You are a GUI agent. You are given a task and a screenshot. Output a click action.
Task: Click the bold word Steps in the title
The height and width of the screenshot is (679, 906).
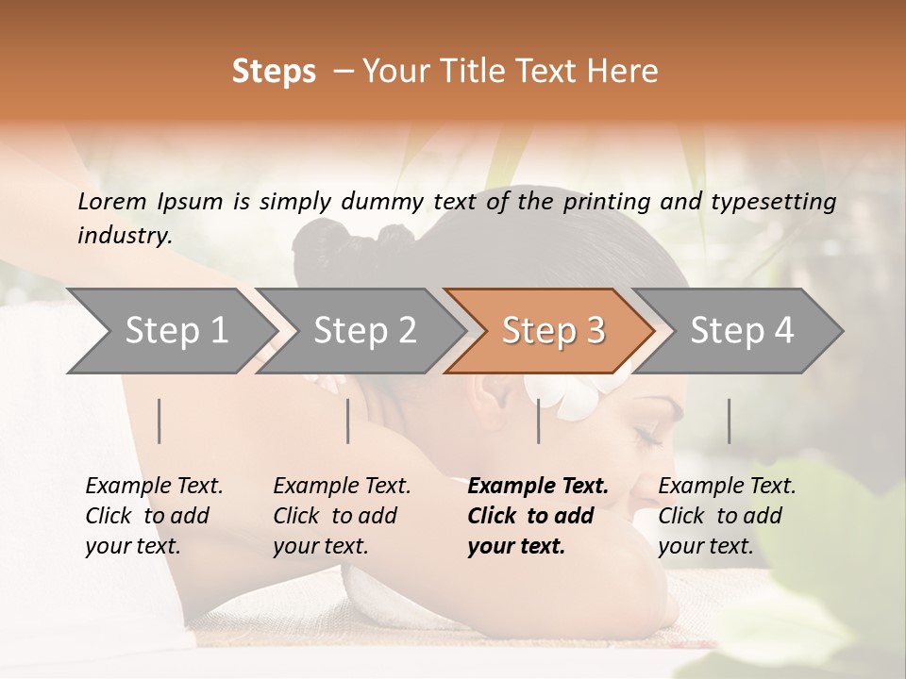(274, 72)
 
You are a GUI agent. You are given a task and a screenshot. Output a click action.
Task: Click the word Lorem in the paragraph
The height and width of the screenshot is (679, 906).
(111, 201)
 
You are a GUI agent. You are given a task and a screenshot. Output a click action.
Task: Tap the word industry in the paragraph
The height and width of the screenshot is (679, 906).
(123, 235)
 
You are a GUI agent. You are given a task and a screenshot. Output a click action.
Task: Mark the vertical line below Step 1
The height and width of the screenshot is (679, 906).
(159, 421)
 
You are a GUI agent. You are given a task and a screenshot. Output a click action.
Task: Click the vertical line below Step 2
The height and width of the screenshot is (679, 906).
(348, 421)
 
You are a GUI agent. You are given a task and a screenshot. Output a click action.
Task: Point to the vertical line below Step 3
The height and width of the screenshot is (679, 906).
(539, 421)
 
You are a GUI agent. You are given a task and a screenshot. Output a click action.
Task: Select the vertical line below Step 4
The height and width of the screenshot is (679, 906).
(729, 421)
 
